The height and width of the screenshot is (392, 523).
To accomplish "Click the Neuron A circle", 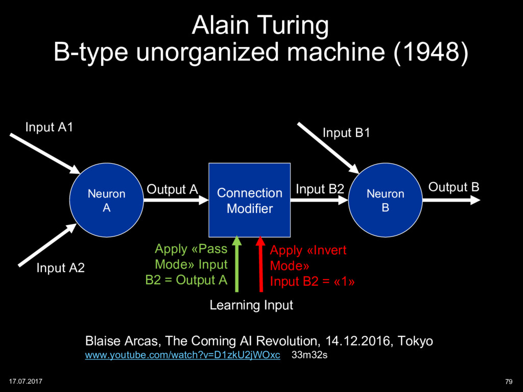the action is [x=107, y=201].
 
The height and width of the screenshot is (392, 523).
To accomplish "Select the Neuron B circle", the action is [x=385, y=201].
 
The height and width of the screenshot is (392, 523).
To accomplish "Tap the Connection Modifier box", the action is [x=249, y=201].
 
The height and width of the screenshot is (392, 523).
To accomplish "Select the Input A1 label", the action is [x=49, y=127].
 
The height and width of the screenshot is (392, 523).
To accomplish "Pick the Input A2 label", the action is [x=60, y=268].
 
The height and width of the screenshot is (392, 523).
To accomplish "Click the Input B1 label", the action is [x=346, y=133].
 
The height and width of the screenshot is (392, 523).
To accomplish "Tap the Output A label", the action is [x=172, y=190].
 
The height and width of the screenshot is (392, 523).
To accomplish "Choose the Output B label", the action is [x=454, y=187].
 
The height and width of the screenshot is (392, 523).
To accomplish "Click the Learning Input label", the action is [x=251, y=305].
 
